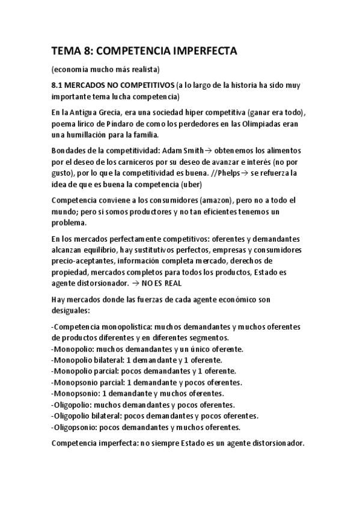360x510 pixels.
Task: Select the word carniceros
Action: pos(144,161)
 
